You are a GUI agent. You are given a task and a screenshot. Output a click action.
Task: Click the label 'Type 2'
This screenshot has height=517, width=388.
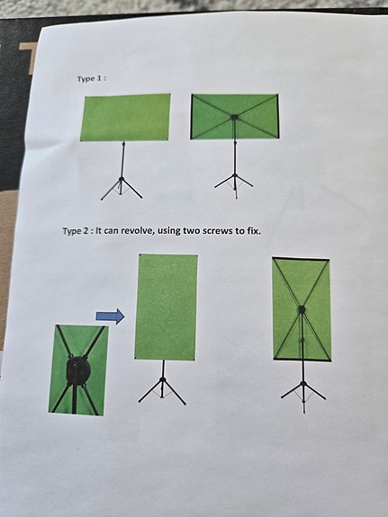point(77,231)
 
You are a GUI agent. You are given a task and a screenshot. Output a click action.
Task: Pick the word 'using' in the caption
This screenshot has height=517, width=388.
point(173,231)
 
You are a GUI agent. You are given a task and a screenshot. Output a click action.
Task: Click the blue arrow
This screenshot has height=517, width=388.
point(110,316)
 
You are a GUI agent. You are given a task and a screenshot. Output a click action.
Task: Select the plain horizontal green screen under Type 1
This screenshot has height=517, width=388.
point(124,117)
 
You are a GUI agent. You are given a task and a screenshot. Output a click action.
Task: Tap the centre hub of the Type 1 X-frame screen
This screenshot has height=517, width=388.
point(234,116)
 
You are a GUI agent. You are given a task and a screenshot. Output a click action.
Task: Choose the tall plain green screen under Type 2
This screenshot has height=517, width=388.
point(166,307)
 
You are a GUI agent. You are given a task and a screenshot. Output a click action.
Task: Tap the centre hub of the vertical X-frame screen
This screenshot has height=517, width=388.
point(302,309)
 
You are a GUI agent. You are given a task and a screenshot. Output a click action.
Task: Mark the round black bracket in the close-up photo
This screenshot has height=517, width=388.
point(77,370)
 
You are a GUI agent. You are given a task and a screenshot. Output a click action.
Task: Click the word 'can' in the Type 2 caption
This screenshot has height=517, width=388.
point(111,231)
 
